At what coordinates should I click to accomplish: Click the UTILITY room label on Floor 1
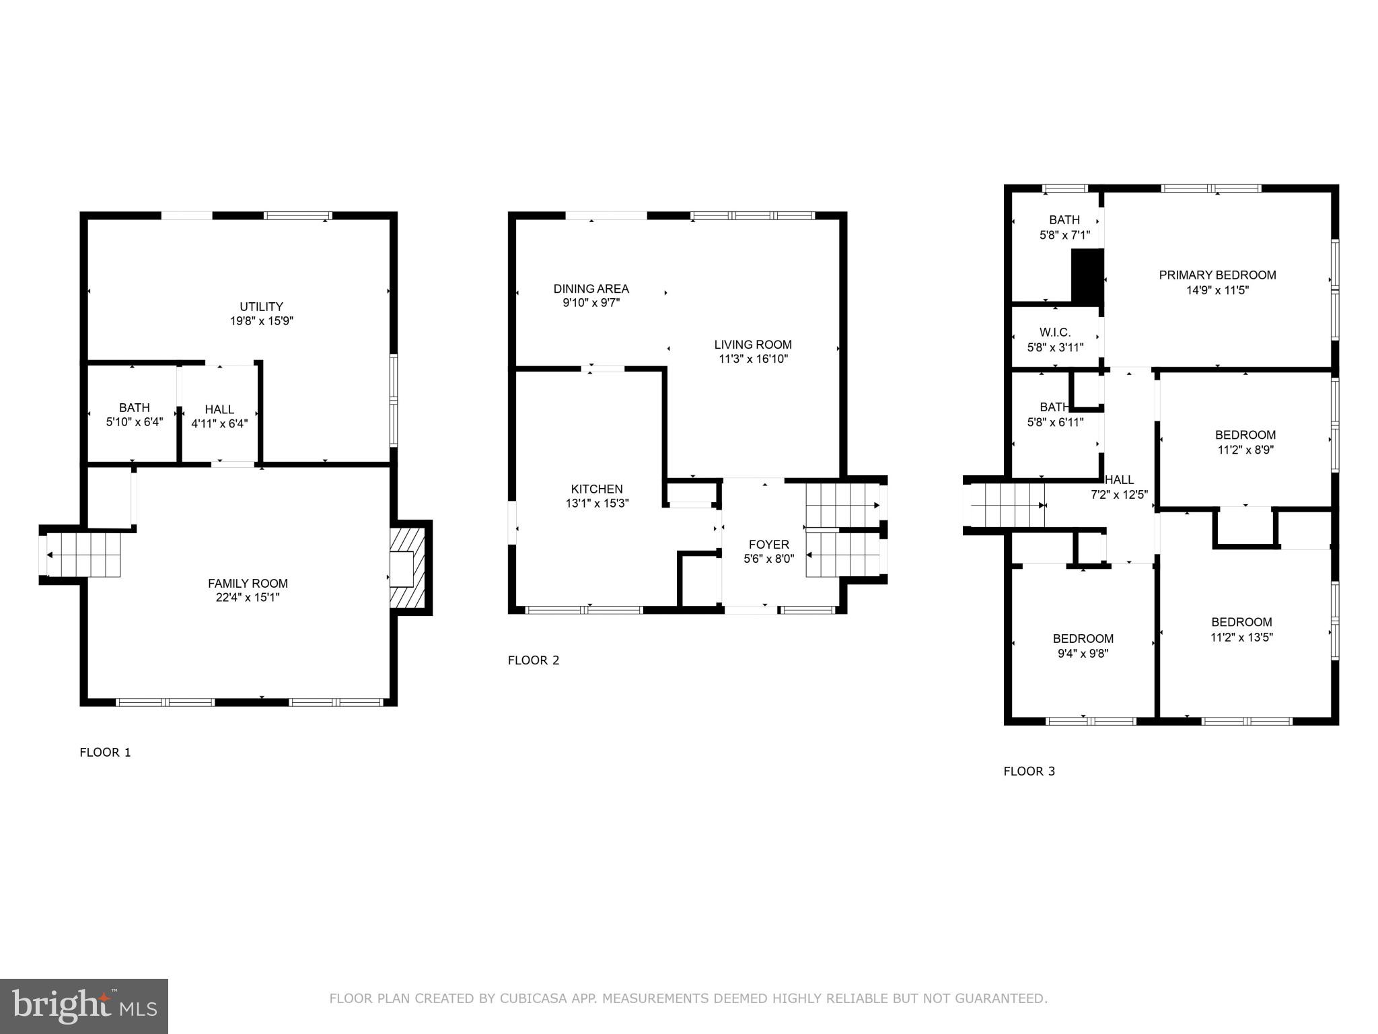[x=261, y=306]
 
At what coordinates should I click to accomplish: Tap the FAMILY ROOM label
[x=248, y=584]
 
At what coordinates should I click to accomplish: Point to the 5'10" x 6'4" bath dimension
[x=135, y=423]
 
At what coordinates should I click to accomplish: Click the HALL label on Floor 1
[x=219, y=409]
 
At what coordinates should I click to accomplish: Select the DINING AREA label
[x=591, y=289]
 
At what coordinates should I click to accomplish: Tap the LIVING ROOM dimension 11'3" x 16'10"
[x=753, y=359]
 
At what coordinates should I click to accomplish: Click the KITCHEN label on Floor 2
[x=597, y=489]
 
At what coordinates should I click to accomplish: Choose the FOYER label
[x=768, y=544]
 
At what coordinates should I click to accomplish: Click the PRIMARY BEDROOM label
[x=1217, y=275]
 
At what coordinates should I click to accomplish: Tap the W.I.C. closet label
[x=1054, y=333]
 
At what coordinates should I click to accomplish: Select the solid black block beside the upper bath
[x=1087, y=275]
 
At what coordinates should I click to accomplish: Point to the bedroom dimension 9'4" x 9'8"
[x=1083, y=654]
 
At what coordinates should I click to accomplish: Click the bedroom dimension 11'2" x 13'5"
[x=1241, y=637]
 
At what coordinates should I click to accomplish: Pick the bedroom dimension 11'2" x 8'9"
[x=1245, y=450]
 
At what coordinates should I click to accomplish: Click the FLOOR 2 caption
[x=534, y=660]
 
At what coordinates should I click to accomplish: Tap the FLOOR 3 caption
[x=1029, y=771]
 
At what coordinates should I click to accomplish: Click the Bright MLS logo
[x=83, y=1006]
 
